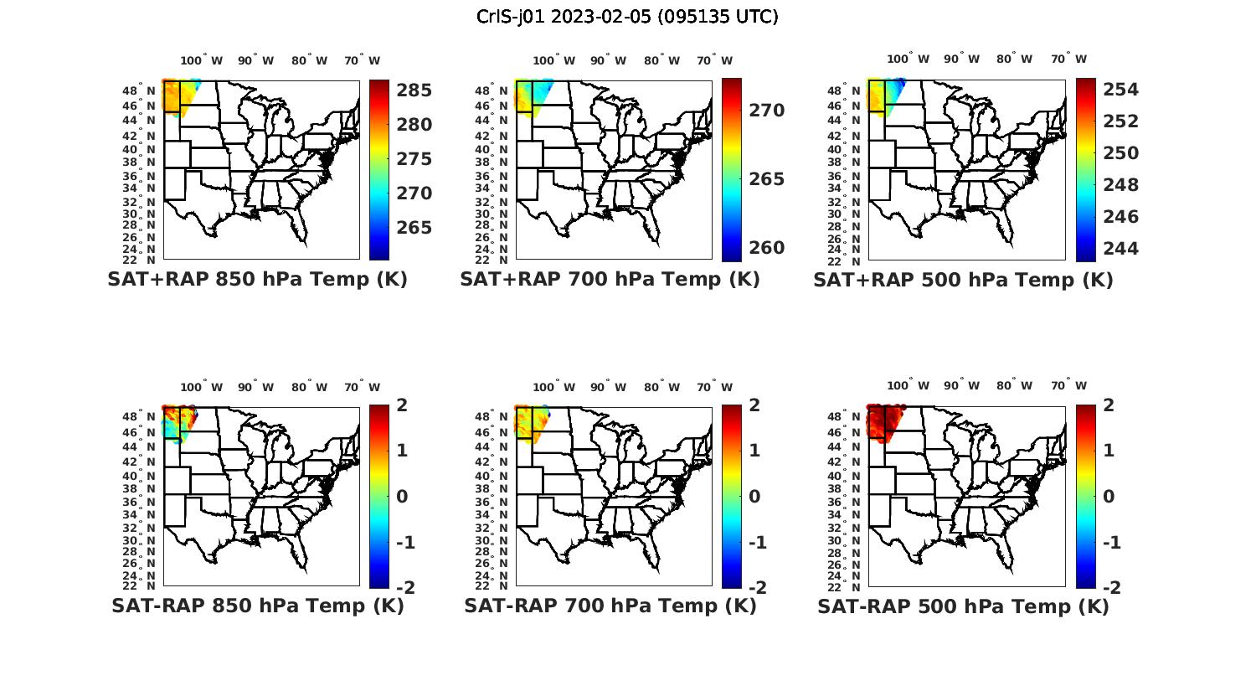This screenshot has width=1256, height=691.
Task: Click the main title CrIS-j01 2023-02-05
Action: [627, 16]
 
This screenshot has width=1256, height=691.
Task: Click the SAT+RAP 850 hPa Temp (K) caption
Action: [257, 279]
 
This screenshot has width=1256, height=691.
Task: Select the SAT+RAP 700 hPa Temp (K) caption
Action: [610, 279]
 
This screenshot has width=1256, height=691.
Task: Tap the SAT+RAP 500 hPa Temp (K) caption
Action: [963, 280]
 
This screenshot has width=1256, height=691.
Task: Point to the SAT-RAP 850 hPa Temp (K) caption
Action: [257, 606]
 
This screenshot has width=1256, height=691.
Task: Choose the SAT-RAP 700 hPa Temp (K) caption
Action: [610, 606]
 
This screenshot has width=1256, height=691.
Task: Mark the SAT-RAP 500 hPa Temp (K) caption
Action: [963, 606]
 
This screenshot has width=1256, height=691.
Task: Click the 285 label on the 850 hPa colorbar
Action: [414, 90]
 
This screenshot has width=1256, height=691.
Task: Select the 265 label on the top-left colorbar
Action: [414, 228]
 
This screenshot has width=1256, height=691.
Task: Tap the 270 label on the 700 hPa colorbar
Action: [766, 111]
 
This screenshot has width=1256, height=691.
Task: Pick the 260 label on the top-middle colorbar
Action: [766, 248]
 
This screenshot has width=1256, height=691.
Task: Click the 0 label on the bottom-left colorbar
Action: [401, 497]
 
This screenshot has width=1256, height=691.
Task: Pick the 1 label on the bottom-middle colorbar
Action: [754, 451]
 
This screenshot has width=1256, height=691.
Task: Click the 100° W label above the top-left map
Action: [202, 60]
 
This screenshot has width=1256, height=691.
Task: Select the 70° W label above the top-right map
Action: [1068, 59]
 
